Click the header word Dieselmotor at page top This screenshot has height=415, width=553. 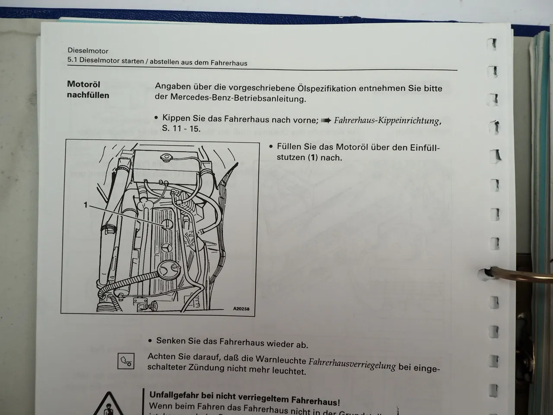pos(88,51)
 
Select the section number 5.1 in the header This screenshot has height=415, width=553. pos(72,60)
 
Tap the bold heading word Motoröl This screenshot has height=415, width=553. pos(83,84)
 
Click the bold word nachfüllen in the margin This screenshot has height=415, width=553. pos(88,95)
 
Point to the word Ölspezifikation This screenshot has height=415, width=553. pos(327,88)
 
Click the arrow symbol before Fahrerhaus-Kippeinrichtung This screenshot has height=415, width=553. pos(326,120)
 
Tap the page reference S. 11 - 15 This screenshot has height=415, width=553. pos(181,129)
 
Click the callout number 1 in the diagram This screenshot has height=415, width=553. pos(86,205)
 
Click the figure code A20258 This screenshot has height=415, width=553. pos(241,309)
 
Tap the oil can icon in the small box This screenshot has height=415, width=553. pos(126,361)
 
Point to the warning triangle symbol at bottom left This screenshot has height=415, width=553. pos(111,404)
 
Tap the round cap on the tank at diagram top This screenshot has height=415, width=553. pos(166,156)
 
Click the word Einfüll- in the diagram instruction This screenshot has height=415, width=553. pos(422,148)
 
